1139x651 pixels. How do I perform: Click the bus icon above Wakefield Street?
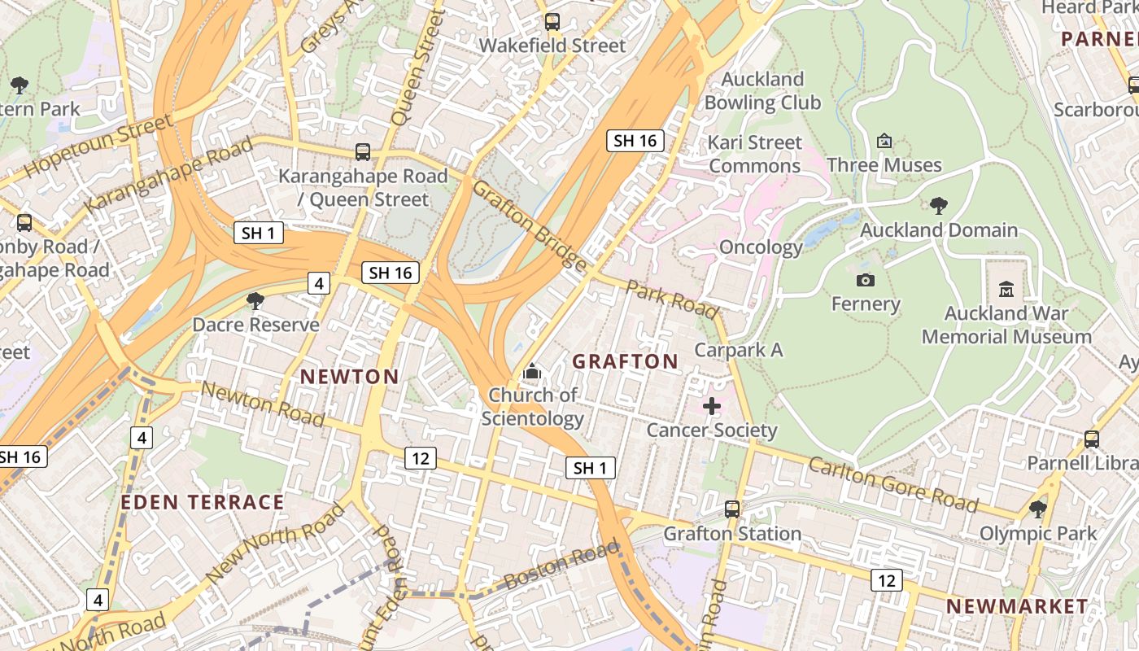[x=552, y=22]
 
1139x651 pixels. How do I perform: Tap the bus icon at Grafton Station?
[x=732, y=509]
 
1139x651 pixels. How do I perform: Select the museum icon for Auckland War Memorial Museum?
[x=1006, y=289]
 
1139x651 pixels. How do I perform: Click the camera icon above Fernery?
[x=866, y=281]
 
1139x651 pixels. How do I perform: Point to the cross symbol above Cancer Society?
[x=712, y=405]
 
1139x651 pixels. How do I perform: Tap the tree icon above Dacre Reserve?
[x=255, y=301]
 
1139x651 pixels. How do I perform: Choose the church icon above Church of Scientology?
[x=532, y=372]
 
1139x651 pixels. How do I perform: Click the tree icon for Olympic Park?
[x=1037, y=509]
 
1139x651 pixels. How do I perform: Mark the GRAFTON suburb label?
[x=626, y=362]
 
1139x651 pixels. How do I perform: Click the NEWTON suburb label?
[x=350, y=377]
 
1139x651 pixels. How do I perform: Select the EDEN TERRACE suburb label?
[x=203, y=502]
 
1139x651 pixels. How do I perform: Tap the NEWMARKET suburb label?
[x=1017, y=606]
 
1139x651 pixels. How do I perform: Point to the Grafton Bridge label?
[x=529, y=225]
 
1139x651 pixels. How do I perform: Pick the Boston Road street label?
[x=561, y=566]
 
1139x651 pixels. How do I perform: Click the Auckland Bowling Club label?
[x=762, y=90]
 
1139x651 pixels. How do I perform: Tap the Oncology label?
[x=761, y=247]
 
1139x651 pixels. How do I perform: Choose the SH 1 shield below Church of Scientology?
[x=591, y=468]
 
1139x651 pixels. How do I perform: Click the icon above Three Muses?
[x=884, y=142]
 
